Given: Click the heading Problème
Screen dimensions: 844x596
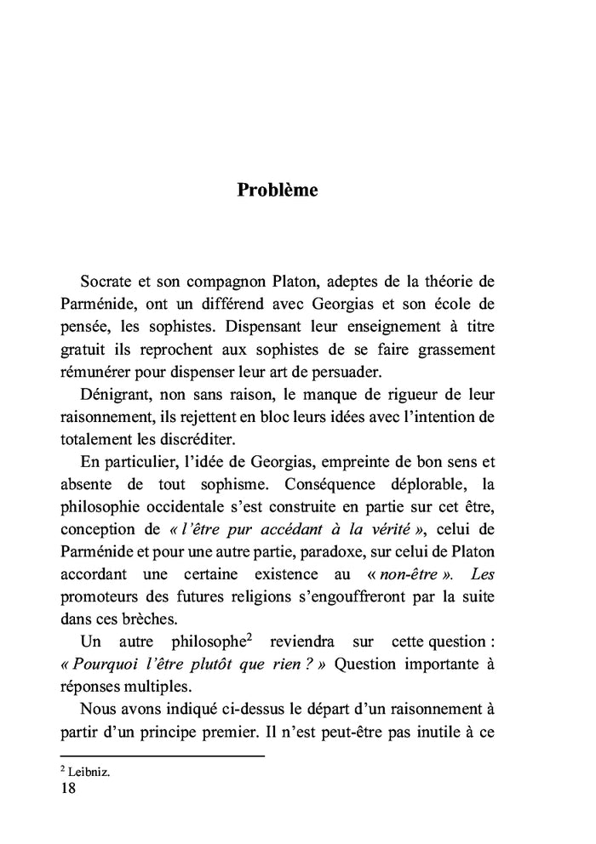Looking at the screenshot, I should click(278, 190).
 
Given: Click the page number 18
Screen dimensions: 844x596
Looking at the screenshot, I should click(68, 789).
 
